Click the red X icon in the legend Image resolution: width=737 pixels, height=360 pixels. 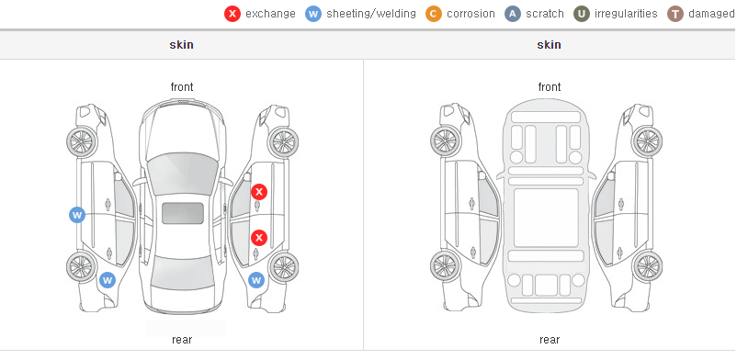point(232,14)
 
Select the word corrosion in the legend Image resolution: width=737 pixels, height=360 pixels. point(471,14)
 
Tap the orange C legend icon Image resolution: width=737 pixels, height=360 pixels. point(434,14)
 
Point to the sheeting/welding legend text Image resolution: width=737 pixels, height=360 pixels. point(371,14)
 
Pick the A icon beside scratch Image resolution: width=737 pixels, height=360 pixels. point(513,14)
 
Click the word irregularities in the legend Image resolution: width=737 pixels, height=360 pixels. point(626,14)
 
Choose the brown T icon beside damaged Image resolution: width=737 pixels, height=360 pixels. point(675,14)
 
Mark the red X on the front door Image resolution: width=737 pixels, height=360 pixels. point(259,192)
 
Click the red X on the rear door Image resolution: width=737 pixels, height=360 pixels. point(258,238)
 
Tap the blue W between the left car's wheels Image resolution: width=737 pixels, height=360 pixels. point(77,215)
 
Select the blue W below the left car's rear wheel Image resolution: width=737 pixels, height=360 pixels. point(108,281)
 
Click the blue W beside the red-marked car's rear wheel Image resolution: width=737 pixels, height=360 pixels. point(256,281)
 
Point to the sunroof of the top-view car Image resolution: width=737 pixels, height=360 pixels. point(183,213)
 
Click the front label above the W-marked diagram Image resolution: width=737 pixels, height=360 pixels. point(182,87)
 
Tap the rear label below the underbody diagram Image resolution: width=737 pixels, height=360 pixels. point(550,340)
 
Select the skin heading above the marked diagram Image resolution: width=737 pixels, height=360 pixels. point(181,45)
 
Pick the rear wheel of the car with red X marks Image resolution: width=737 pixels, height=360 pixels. point(283,267)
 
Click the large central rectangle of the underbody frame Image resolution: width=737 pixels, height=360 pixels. point(546,218)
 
